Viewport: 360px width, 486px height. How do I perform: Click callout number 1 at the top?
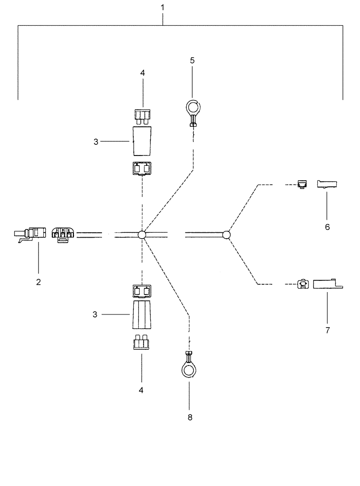163,8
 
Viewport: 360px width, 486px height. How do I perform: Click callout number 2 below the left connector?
38,281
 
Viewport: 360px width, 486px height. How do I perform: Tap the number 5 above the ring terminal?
192,60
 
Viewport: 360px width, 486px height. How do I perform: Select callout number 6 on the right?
327,226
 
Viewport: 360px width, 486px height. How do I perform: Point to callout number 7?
327,330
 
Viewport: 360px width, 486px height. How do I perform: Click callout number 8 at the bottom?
190,417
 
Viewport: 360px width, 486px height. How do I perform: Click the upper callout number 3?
96,141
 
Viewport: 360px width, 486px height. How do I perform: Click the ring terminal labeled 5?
192,108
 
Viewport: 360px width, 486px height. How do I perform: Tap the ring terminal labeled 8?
189,369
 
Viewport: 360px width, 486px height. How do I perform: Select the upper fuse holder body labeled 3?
142,141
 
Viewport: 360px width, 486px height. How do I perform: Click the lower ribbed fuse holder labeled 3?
142,315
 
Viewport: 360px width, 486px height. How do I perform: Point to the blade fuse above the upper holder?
142,116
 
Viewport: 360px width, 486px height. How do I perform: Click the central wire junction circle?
142,235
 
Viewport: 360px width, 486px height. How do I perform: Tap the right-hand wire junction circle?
226,235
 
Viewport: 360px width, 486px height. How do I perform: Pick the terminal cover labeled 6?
327,184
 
